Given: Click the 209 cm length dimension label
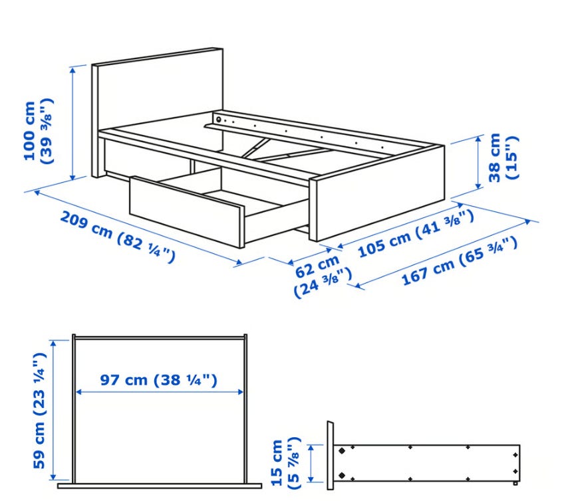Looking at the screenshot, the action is (x=117, y=237).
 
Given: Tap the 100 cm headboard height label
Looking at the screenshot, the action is (x=39, y=131).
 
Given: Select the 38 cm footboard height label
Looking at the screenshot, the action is (x=503, y=157).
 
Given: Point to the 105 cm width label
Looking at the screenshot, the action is (x=416, y=234).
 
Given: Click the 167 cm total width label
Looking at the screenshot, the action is (x=460, y=260).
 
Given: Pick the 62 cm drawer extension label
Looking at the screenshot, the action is (x=322, y=275).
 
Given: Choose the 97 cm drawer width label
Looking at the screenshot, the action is (x=159, y=380).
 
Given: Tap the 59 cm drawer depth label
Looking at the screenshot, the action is (x=39, y=410).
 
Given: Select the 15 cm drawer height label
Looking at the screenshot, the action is (x=286, y=463).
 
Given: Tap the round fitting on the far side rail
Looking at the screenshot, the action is (x=218, y=119).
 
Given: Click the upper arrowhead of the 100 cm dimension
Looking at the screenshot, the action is (x=72, y=70).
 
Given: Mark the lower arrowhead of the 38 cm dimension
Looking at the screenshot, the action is (x=478, y=185).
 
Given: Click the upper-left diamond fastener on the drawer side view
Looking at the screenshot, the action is (x=342, y=451).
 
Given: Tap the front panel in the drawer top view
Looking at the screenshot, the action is (x=160, y=486).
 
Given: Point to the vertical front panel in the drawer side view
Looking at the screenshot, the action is (x=330, y=455).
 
